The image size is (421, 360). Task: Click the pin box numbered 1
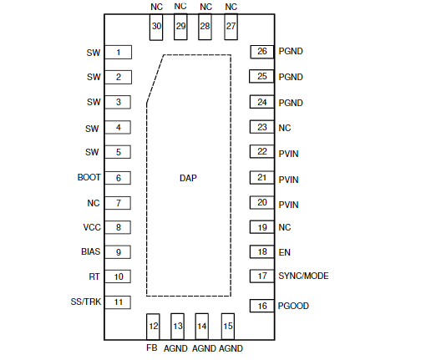pos(118,53)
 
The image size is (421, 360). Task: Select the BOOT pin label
pos(89,177)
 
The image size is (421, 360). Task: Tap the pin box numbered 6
pos(118,178)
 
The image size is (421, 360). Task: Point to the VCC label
pos(92,227)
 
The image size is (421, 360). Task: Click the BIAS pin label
pos(90,251)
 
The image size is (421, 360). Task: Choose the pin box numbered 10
pos(118,276)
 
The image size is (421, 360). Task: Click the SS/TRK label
pos(86,302)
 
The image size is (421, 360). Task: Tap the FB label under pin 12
pos(152,347)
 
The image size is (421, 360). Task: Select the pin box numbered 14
pos(202,327)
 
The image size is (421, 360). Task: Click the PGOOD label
pos(293,306)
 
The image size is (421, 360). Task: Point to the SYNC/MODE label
pos(303,276)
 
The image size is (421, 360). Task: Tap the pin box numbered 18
pos(261,252)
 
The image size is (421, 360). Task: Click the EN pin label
pos(285,252)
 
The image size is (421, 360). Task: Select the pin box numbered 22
pos(261,152)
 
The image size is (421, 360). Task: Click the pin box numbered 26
pos(262,52)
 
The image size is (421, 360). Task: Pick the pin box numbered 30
pos(156,27)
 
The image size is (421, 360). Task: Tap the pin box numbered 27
pos(231,27)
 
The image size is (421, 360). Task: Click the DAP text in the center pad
pos(188,178)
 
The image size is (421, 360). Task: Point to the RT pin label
pos(94,276)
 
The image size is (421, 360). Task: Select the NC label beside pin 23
pos(285,128)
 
